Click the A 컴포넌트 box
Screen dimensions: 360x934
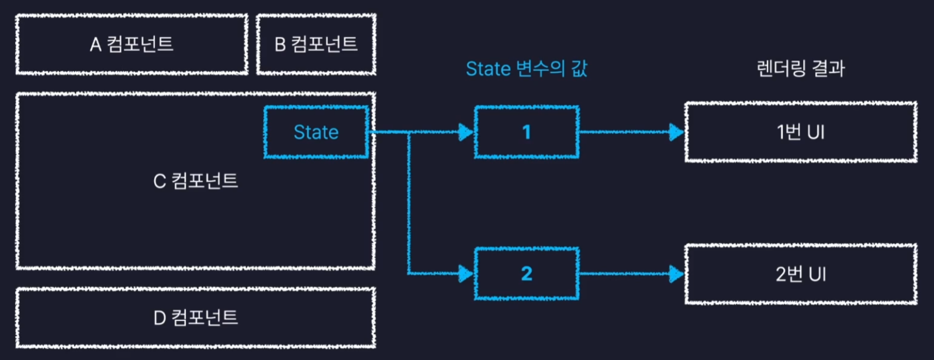click(132, 44)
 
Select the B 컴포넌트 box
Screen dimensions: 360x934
click(316, 44)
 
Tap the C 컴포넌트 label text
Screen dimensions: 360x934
click(196, 181)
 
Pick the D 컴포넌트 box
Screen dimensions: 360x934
click(196, 318)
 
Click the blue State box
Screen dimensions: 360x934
click(316, 132)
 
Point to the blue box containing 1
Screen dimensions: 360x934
click(527, 132)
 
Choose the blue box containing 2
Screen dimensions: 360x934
click(527, 274)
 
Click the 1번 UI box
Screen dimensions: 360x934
click(801, 132)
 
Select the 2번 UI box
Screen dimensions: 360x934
click(801, 274)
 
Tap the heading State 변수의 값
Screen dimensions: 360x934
click(526, 69)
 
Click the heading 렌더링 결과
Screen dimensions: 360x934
click(801, 69)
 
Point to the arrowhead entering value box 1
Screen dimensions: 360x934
click(466, 132)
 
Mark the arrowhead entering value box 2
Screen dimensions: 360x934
click(466, 274)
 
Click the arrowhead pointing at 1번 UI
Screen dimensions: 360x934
click(676, 132)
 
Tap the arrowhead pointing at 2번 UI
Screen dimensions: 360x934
click(676, 274)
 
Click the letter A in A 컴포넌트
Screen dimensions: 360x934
click(95, 45)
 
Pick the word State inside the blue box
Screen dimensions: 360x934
click(316, 132)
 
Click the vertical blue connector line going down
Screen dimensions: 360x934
click(409, 205)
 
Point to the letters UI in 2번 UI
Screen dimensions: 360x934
click(817, 274)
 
